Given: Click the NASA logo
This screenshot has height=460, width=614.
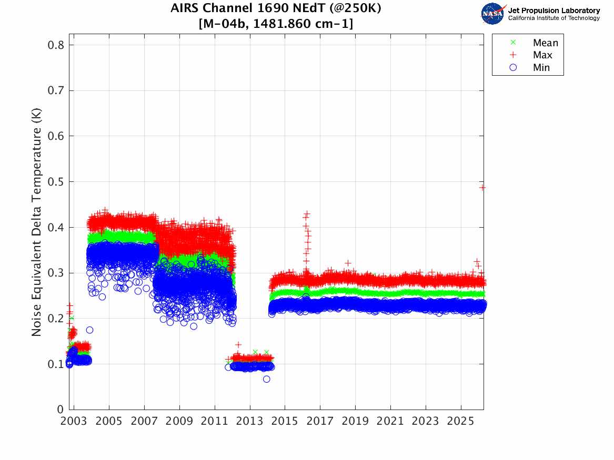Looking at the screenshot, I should [493, 14].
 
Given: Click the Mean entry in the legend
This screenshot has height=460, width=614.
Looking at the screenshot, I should [545, 43].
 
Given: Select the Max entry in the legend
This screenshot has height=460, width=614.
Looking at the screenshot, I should [542, 55].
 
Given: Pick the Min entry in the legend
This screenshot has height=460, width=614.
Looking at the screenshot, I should [541, 67].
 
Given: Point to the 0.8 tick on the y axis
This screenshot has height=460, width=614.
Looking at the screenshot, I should [56, 45].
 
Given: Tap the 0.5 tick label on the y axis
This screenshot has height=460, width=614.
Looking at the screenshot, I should [56, 182].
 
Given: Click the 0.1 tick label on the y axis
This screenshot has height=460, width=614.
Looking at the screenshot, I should [56, 364].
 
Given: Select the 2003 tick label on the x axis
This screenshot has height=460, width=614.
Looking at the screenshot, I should [74, 422].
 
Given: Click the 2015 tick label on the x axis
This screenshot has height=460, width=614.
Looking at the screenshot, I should [285, 422].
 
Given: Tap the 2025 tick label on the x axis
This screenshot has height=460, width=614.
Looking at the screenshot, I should [461, 422].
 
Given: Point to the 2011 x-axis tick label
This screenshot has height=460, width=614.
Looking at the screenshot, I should [215, 422].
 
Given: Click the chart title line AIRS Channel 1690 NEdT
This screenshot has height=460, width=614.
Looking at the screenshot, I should [276, 9].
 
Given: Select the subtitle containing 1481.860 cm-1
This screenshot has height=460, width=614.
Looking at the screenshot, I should [276, 24].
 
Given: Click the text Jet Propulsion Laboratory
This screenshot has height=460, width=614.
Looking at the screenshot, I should [553, 10].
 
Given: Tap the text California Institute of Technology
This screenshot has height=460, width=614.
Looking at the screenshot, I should [553, 18].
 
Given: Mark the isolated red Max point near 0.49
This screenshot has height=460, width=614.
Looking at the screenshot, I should [482, 187].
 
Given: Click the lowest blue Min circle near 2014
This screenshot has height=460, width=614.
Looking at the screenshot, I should [267, 379].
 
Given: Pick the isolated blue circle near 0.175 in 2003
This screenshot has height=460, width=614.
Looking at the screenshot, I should [89, 330].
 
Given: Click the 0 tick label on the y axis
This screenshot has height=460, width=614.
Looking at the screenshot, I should [59, 409].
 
